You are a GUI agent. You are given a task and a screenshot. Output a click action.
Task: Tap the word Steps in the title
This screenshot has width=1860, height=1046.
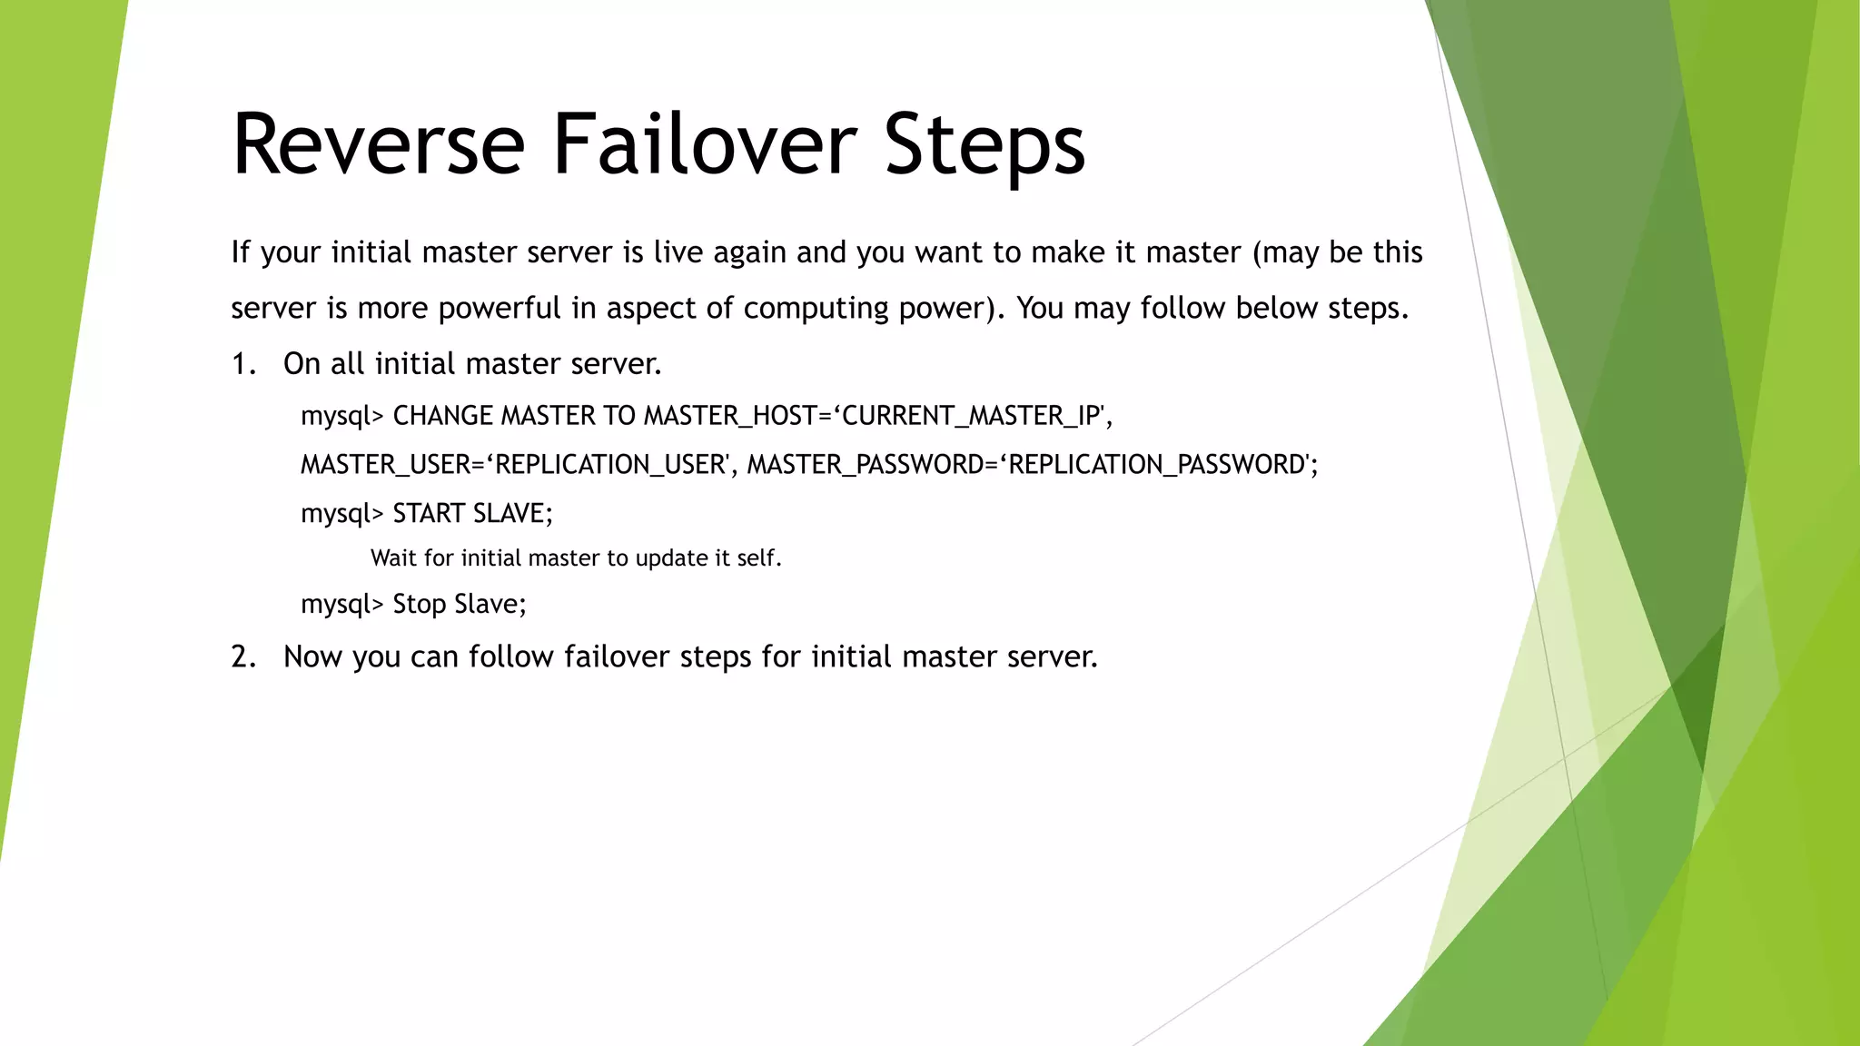(x=984, y=145)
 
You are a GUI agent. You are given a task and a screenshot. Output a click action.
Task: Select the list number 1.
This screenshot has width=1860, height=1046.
(x=242, y=364)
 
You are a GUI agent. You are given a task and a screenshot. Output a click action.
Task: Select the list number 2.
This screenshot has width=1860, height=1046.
(x=242, y=656)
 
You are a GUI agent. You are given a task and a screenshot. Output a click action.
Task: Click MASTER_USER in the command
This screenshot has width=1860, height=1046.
(x=385, y=465)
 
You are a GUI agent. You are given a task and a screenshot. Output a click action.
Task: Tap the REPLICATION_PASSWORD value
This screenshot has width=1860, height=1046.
(x=1157, y=465)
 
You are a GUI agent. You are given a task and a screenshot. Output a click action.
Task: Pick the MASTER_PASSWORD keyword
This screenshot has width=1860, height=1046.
(x=864, y=465)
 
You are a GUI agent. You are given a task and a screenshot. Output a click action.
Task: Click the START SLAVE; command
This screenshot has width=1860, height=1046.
(x=472, y=514)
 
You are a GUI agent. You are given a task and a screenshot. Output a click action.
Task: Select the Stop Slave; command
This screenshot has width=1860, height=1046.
(x=459, y=604)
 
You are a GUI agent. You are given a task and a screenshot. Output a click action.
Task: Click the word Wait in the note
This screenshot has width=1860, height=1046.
(x=393, y=558)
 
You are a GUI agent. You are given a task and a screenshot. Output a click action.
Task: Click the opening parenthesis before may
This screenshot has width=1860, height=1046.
(x=1257, y=252)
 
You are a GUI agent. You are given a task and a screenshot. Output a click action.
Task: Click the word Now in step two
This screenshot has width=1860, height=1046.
(x=312, y=656)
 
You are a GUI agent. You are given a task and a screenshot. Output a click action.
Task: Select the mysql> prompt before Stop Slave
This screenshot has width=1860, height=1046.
(x=342, y=605)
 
